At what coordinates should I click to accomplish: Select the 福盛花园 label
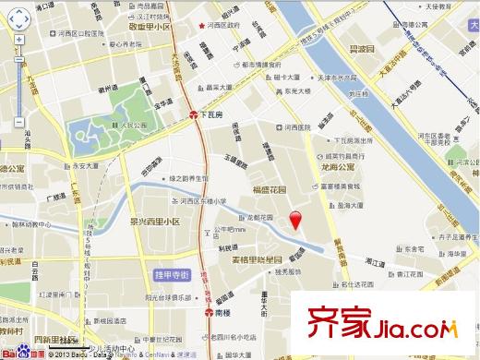[271, 191]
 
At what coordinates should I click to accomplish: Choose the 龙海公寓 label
[338, 168]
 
